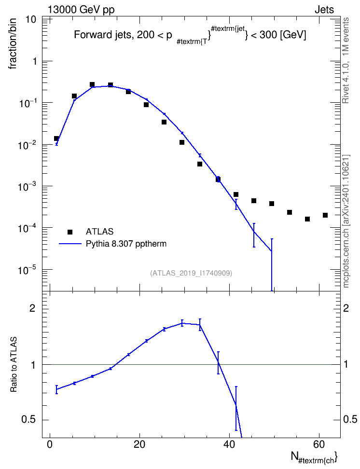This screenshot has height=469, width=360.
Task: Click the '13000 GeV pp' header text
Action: tap(81, 10)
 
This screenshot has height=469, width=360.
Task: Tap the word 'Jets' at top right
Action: tap(324, 10)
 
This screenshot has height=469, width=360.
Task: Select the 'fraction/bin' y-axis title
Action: tap(13, 44)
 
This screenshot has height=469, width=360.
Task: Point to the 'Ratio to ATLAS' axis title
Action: tap(14, 364)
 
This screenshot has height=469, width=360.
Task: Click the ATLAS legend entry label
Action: tap(99, 232)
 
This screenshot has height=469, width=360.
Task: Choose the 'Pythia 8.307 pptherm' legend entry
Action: tap(126, 244)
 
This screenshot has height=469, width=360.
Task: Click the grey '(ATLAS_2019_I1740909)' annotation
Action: tap(191, 273)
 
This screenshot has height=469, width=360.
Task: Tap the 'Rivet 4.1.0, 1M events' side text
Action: tap(346, 60)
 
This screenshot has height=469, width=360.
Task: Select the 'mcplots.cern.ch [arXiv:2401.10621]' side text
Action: tap(346, 221)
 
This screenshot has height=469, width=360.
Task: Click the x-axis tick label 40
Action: tap(229, 444)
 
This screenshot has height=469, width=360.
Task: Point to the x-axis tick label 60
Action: tap(319, 444)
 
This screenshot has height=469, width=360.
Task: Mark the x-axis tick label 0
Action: tap(50, 444)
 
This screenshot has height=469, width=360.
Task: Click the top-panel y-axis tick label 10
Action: tap(31, 20)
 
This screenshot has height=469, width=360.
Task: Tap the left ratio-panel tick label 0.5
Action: tap(28, 420)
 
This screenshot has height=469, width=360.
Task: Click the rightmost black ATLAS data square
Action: tap(325, 215)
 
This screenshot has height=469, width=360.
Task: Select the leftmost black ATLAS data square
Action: tap(56, 138)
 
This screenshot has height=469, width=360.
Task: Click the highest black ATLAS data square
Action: tap(92, 84)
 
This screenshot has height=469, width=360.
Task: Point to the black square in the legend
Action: tap(70, 232)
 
